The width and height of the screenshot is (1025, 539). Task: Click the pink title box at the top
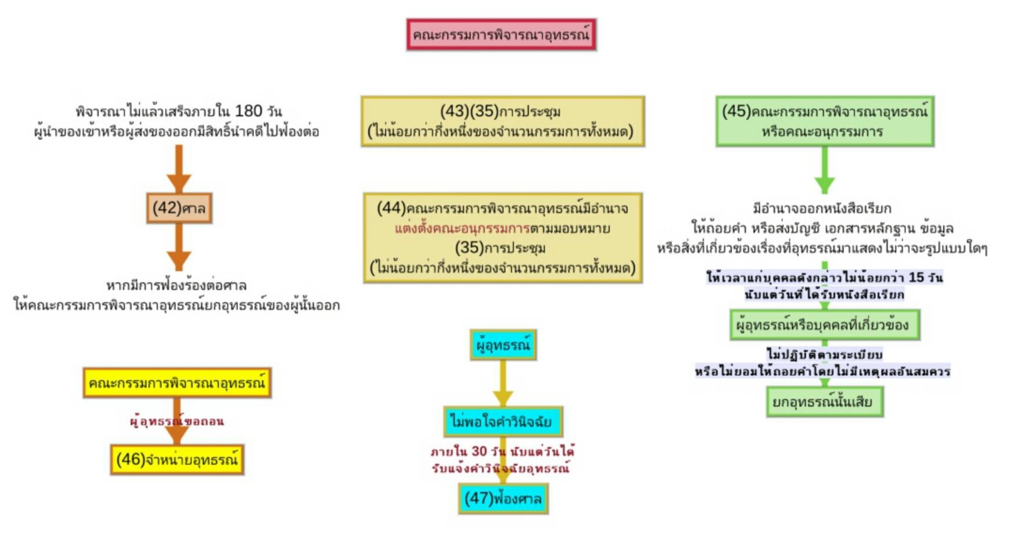(x=501, y=35)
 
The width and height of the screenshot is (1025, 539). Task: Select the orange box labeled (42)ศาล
(x=179, y=208)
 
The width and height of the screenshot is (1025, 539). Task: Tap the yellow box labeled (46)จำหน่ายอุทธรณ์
(x=177, y=459)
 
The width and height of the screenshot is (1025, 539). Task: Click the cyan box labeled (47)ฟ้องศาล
(x=503, y=498)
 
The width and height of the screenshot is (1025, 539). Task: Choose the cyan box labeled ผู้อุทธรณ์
(x=503, y=345)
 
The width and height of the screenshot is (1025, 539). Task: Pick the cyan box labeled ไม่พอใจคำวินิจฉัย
(x=503, y=421)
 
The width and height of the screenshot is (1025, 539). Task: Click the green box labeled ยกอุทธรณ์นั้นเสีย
(x=824, y=402)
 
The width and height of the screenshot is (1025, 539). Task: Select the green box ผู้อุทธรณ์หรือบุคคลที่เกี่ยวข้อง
(x=824, y=325)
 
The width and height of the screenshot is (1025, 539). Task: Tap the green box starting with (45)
(x=825, y=121)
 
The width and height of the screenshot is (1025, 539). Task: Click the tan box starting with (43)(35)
(x=502, y=121)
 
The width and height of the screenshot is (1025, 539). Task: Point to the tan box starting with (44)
(x=503, y=238)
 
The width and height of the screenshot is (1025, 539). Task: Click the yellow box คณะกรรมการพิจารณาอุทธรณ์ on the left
(x=177, y=383)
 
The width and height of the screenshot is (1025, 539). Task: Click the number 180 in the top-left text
(x=249, y=111)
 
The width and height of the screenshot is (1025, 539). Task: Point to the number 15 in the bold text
(x=916, y=277)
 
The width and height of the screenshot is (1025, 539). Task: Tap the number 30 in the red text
(x=479, y=451)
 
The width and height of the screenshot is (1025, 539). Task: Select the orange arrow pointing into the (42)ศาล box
(x=179, y=168)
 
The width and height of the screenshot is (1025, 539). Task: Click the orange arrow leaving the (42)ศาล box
(x=179, y=247)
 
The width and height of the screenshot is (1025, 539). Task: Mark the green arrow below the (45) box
(x=825, y=170)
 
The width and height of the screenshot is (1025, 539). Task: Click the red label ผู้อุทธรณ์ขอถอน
(x=177, y=421)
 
